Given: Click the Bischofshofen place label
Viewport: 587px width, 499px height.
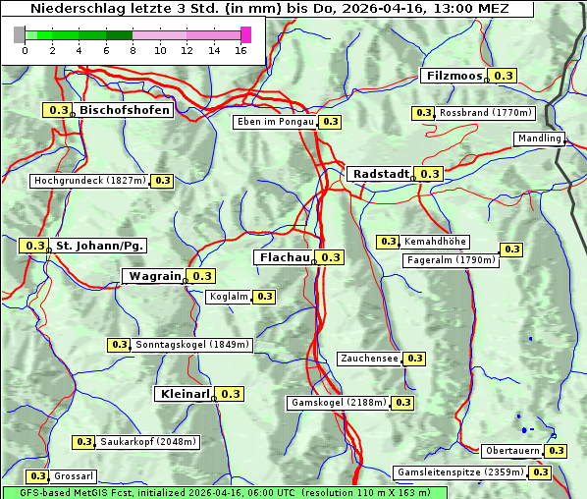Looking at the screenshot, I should click(125, 110).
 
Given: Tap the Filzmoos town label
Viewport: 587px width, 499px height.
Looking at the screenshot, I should click(454, 76).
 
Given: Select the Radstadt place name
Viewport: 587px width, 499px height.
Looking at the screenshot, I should click(381, 174).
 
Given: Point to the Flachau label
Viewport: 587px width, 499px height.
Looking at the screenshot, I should click(284, 257).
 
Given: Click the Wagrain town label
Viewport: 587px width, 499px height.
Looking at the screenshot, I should click(155, 276).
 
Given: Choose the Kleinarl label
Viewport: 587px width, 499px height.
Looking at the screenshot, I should click(184, 394).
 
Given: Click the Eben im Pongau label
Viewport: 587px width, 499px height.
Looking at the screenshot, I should click(275, 122).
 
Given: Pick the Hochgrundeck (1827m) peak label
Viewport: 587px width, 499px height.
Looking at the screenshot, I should click(89, 181).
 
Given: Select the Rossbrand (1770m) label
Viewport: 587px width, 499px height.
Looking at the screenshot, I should click(485, 113).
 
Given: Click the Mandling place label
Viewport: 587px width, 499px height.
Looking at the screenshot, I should click(539, 139).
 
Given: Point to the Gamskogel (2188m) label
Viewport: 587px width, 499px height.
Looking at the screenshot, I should click(339, 403).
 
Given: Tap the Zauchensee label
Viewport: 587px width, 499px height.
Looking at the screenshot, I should click(369, 359).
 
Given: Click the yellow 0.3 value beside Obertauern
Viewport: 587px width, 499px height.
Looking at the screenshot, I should click(556, 451).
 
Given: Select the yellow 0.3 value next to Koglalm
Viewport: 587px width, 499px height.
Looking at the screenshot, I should click(264, 297).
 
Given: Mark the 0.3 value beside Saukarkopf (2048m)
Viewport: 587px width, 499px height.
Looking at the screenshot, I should click(83, 442).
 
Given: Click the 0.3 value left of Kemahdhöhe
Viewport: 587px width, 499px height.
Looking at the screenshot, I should click(388, 242).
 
